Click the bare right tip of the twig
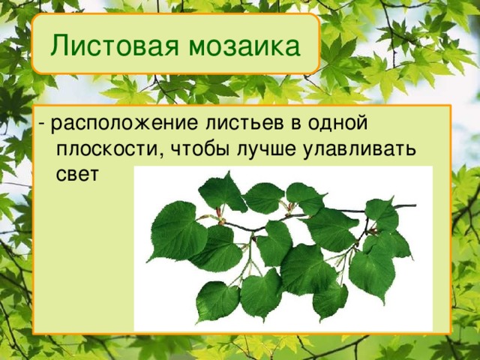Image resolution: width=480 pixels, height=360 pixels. [412, 205]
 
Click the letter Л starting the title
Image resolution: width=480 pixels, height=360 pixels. [58, 46]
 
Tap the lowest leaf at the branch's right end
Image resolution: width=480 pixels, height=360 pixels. [373, 274]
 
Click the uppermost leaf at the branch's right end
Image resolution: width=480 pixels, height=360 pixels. [382, 214]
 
